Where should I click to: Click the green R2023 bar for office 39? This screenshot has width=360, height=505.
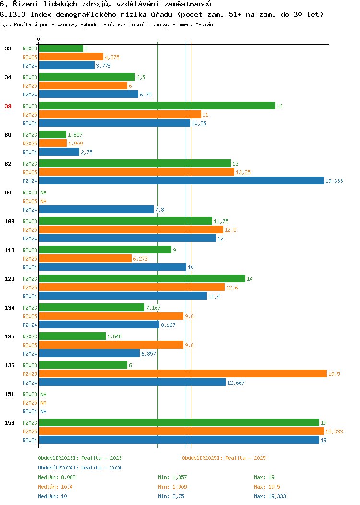coord(157,106)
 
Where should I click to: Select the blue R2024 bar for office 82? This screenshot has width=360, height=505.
coord(181,180)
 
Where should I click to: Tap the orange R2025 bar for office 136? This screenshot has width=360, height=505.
coord(183,373)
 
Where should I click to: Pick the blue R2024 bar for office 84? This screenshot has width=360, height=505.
coord(96,210)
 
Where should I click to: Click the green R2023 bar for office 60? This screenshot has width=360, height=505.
coord(53,134)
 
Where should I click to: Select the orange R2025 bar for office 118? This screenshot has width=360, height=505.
coord(85,259)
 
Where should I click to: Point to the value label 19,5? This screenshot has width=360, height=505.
coord(334,374)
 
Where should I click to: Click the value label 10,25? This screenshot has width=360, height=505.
coord(199,123)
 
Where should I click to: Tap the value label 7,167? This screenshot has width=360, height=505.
coord(153,308)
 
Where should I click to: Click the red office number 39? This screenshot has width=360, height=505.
coord(8,106)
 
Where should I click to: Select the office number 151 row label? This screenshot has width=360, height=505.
coord(10,394)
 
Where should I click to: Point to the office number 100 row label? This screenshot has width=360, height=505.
coord(10,222)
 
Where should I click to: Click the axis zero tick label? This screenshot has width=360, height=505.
coord(39,39)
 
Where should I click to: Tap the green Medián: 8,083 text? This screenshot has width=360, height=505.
coord(57,477)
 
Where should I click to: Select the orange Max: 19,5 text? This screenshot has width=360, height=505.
coord(264,487)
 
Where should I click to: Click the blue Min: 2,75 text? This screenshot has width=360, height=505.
coord(171,497)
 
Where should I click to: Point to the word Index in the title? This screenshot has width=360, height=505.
coord(41,14)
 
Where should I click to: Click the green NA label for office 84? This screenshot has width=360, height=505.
coord(44,192)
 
